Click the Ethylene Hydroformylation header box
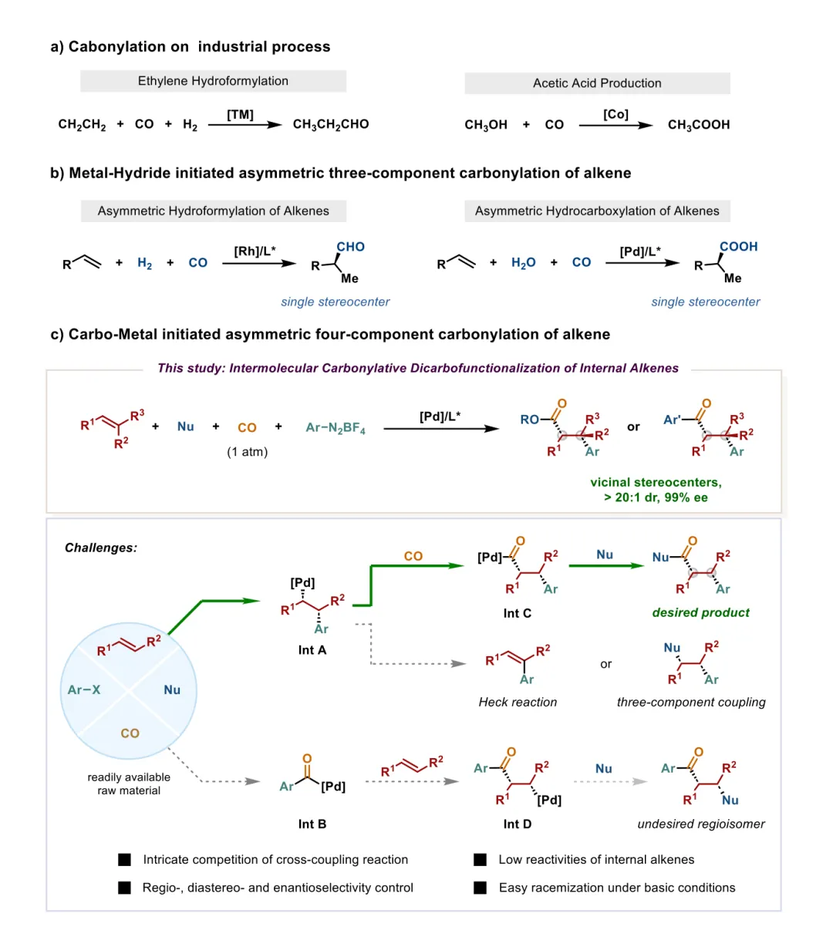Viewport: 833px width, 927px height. [x=213, y=81]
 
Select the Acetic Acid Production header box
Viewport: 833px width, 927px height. [x=597, y=83]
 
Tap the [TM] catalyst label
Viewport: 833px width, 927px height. [x=240, y=115]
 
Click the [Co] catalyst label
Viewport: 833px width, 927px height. [x=615, y=115]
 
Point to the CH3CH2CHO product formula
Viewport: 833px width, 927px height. [x=331, y=124]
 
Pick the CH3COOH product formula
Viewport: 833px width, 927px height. [x=699, y=125]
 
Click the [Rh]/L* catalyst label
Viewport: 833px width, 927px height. [x=255, y=251]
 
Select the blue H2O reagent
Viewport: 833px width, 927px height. [x=523, y=263]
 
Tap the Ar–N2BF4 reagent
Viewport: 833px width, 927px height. [x=336, y=427]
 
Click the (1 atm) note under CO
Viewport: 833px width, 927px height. [x=247, y=452]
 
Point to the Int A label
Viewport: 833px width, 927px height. [x=312, y=650]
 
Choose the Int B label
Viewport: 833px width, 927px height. [x=312, y=824]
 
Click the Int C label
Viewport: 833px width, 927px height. [x=517, y=613]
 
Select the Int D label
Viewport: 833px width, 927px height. [x=517, y=824]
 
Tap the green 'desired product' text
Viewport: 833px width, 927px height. [x=700, y=612]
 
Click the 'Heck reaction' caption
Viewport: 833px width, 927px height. [x=518, y=702]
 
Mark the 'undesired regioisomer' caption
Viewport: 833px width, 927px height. [x=700, y=824]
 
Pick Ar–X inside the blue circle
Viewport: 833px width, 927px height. [x=84, y=689]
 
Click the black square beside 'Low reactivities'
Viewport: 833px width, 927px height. [x=480, y=859]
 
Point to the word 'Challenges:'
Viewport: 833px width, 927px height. [x=101, y=548]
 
